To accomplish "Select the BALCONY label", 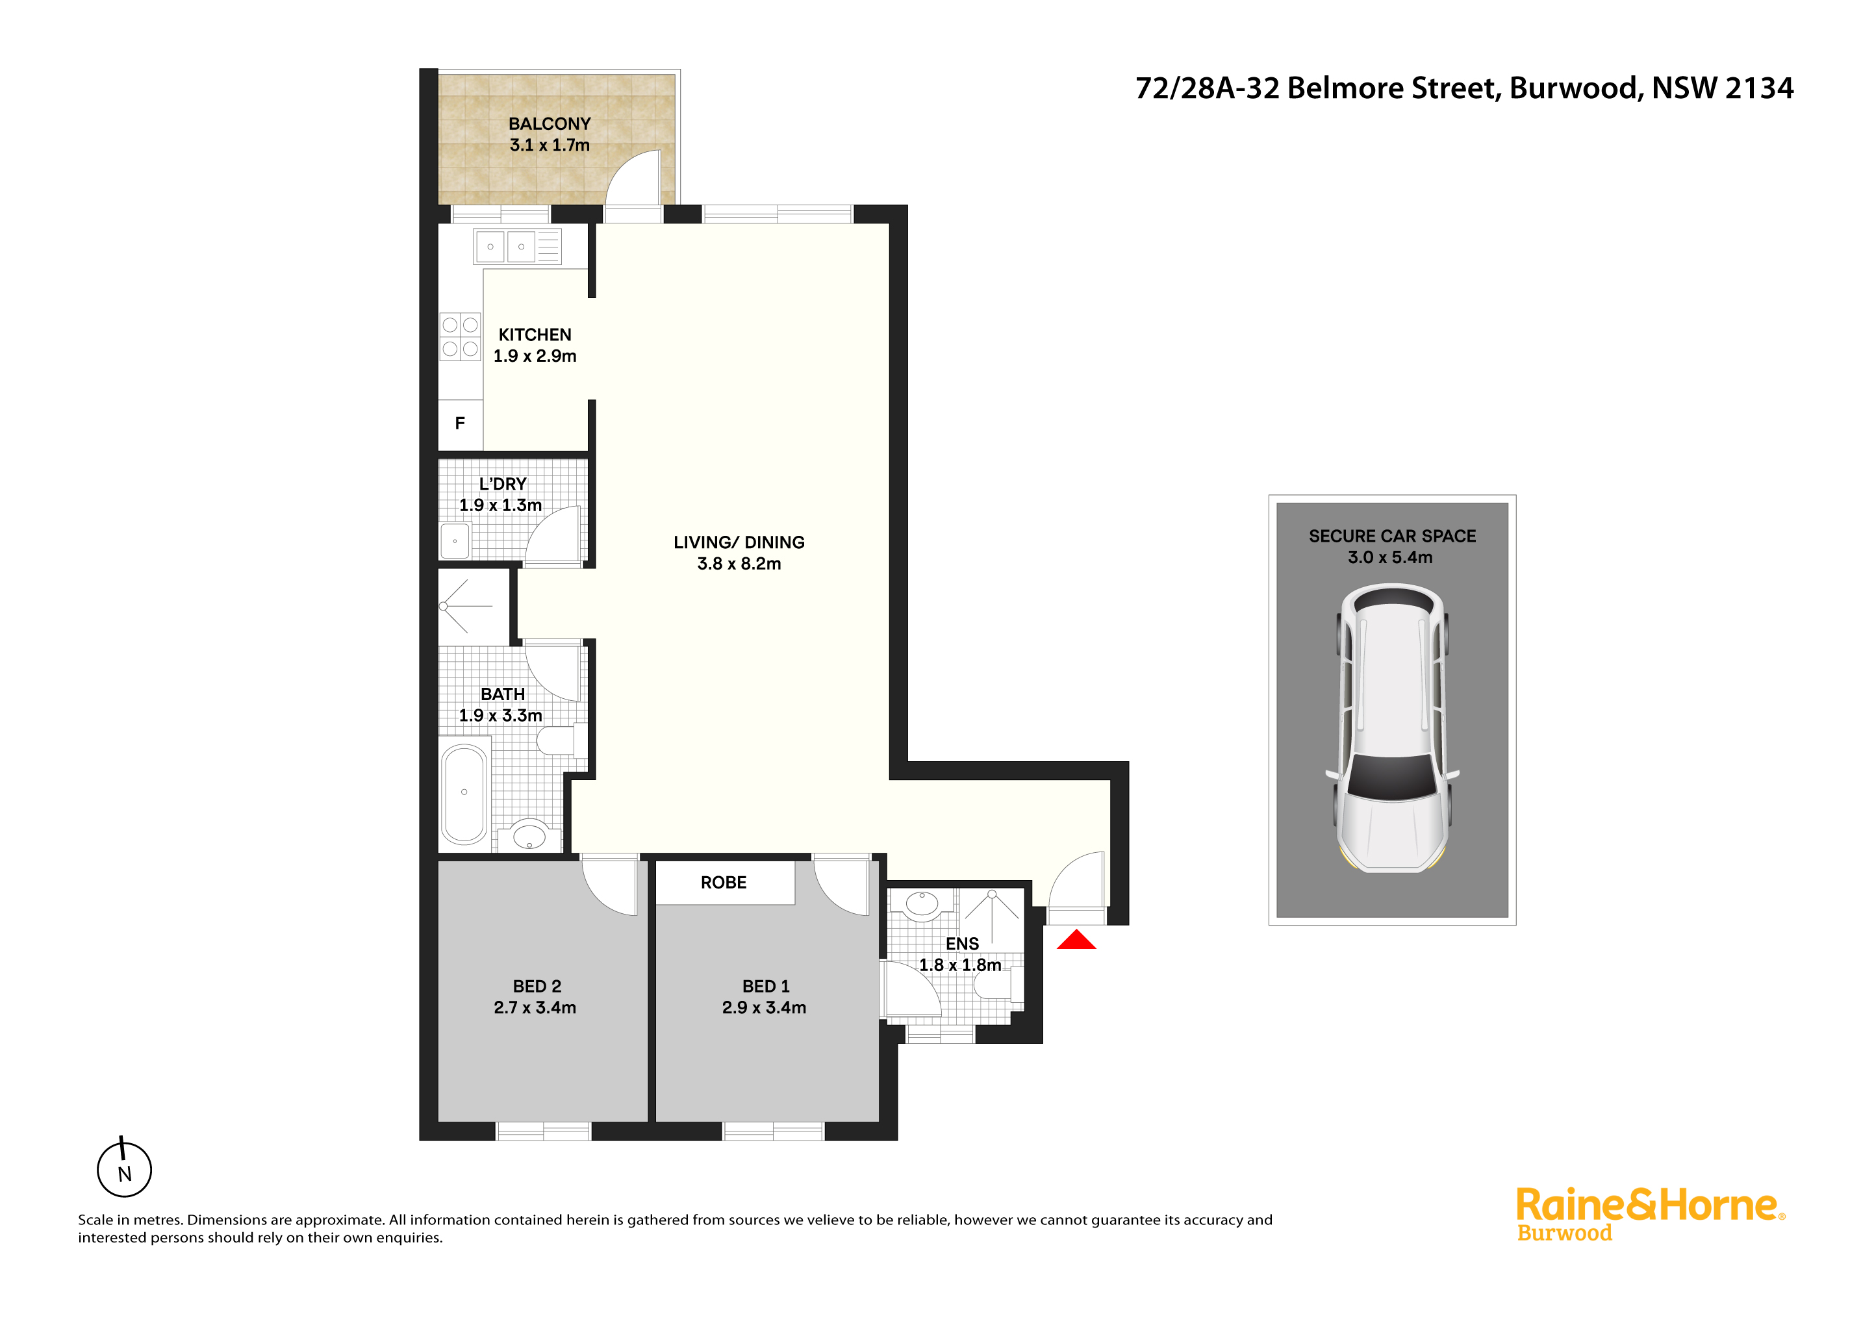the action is coord(550,124).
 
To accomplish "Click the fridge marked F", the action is coord(461,424).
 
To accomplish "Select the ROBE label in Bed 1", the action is coord(724,883).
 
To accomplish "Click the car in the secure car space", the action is coord(1393,727).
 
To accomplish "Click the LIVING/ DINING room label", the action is coord(739,542).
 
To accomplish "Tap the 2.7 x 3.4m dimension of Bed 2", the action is coord(535,1007).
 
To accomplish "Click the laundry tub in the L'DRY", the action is coord(455,541).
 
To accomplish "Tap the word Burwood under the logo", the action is coord(1565,1233).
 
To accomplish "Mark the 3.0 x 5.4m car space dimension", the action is coord(1390,557).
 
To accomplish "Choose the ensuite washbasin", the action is coord(923,904).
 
